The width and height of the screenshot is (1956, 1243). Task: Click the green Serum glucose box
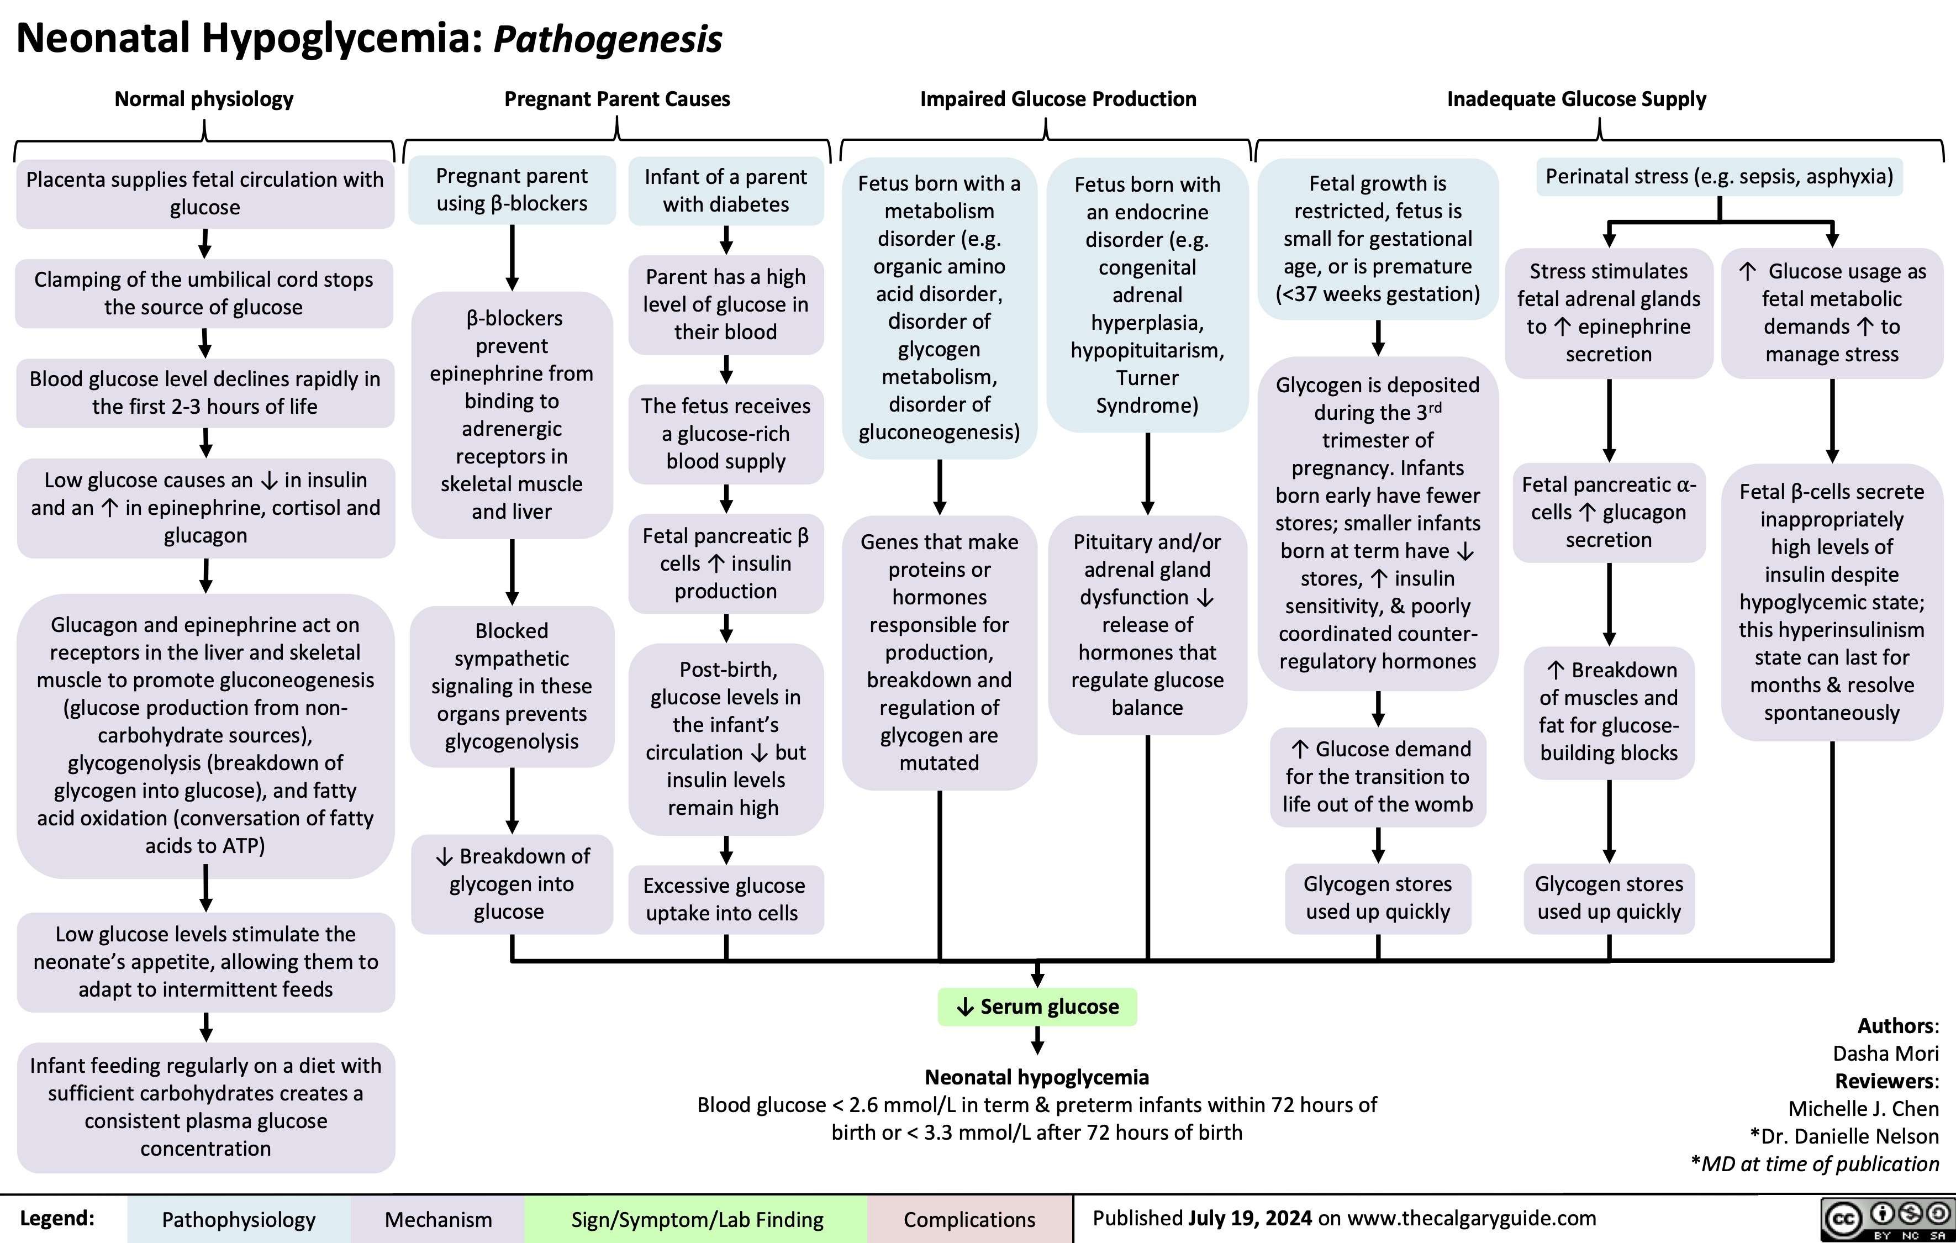[x=1037, y=1007]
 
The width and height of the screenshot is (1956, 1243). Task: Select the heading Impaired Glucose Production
[x=1058, y=99]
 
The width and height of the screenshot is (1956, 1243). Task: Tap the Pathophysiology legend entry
[x=238, y=1219]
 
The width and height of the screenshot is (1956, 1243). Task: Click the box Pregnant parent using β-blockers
[x=512, y=190]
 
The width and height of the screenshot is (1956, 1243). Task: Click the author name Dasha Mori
[x=1885, y=1054]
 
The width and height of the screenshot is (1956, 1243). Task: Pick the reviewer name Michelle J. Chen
[x=1863, y=1109]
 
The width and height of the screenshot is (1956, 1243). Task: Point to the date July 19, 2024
[x=1249, y=1218]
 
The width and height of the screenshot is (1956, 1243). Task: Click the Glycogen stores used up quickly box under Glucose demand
[x=1378, y=898]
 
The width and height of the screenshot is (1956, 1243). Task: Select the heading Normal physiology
[x=204, y=99]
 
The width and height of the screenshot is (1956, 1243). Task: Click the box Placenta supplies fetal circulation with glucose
[x=205, y=193]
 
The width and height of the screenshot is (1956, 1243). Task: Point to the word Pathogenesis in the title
[x=608, y=39]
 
